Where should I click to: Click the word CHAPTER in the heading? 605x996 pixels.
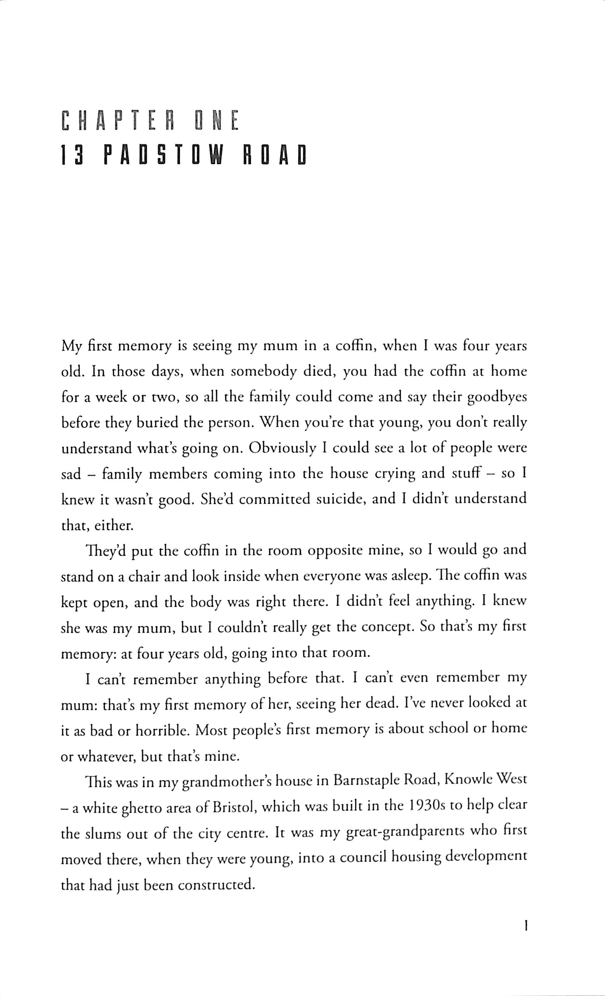[x=117, y=121]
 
